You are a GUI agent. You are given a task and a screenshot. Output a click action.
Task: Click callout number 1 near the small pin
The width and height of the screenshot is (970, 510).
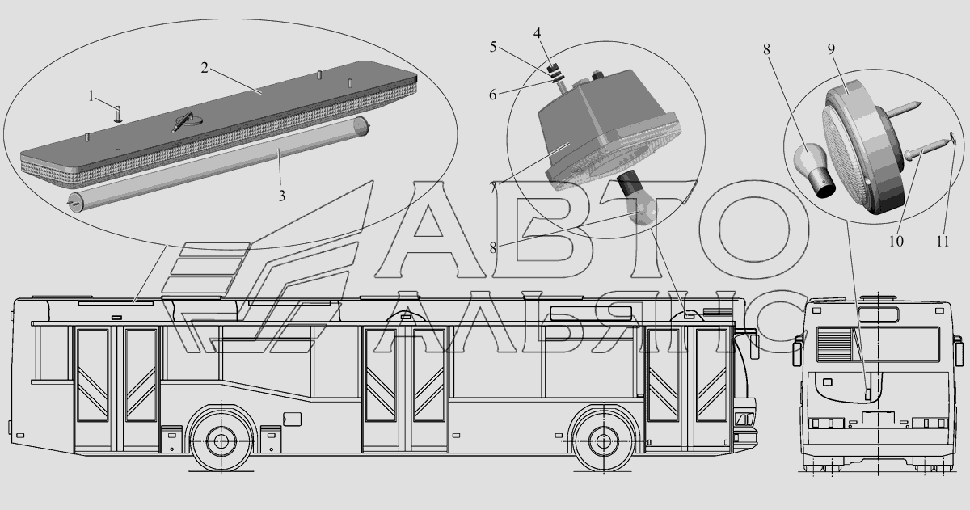point(91,96)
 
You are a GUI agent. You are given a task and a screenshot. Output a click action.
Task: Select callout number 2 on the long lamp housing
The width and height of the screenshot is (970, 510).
point(205,68)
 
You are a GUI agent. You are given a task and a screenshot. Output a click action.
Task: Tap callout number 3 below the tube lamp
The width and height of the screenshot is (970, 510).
point(282,196)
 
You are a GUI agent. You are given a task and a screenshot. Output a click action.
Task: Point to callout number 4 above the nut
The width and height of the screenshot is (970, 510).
point(537,33)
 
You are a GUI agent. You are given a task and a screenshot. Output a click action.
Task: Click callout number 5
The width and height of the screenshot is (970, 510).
point(493,47)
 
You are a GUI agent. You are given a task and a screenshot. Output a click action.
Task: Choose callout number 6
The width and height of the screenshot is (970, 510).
point(493,95)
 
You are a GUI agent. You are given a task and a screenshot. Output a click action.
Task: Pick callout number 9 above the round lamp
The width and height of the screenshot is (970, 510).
point(831,49)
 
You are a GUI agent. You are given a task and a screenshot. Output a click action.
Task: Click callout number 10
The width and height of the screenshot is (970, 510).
point(896,241)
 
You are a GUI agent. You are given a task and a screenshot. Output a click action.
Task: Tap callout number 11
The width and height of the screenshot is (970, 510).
point(943,241)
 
